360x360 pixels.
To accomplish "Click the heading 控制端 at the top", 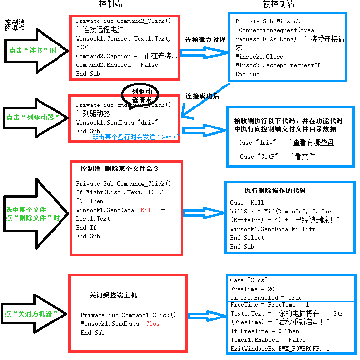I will (x=110, y=4).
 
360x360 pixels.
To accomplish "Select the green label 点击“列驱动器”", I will (x=30, y=117).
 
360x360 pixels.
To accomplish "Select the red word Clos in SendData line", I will (x=152, y=324).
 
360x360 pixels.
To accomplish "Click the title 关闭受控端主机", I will (x=113, y=296).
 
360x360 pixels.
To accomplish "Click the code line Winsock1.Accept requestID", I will (x=278, y=65).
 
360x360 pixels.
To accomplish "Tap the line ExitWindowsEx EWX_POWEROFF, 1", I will (x=280, y=349).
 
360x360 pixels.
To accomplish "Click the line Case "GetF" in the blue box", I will (x=259, y=156).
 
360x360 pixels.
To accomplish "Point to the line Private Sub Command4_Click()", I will (x=123, y=184).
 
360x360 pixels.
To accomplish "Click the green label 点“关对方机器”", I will (x=28, y=314).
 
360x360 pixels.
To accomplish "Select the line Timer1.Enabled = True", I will (x=266, y=298).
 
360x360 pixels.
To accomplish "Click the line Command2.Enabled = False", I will (x=117, y=65).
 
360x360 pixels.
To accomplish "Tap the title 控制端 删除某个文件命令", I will (x=120, y=169).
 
